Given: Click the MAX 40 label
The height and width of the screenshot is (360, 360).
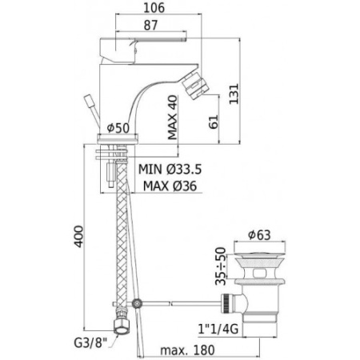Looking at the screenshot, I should click(x=173, y=118).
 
